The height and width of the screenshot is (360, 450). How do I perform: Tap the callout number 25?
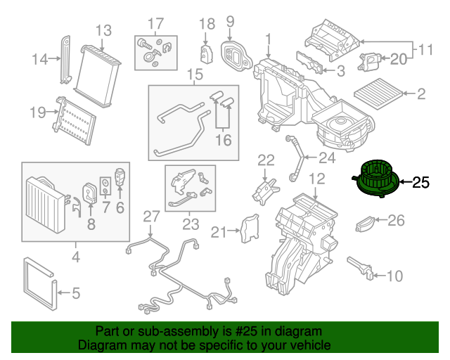pyautogui.click(x=420, y=183)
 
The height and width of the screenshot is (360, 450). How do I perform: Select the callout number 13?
pyautogui.click(x=103, y=30)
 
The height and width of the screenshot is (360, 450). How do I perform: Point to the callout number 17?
pyautogui.click(x=155, y=22)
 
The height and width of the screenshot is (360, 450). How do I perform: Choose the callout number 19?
pyautogui.click(x=37, y=112)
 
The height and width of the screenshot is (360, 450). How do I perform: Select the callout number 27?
pyautogui.click(x=152, y=216)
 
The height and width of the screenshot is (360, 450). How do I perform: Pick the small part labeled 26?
pyautogui.click(x=365, y=224)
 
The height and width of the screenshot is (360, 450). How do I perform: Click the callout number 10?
pyautogui.click(x=394, y=275)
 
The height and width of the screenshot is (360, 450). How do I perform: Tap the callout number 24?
pyautogui.click(x=327, y=157)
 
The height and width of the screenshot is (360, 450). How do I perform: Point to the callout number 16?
pyautogui.click(x=222, y=140)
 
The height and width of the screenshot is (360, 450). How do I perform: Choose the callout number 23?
pyautogui.click(x=191, y=224)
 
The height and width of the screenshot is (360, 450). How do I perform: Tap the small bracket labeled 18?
pyautogui.click(x=206, y=52)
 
